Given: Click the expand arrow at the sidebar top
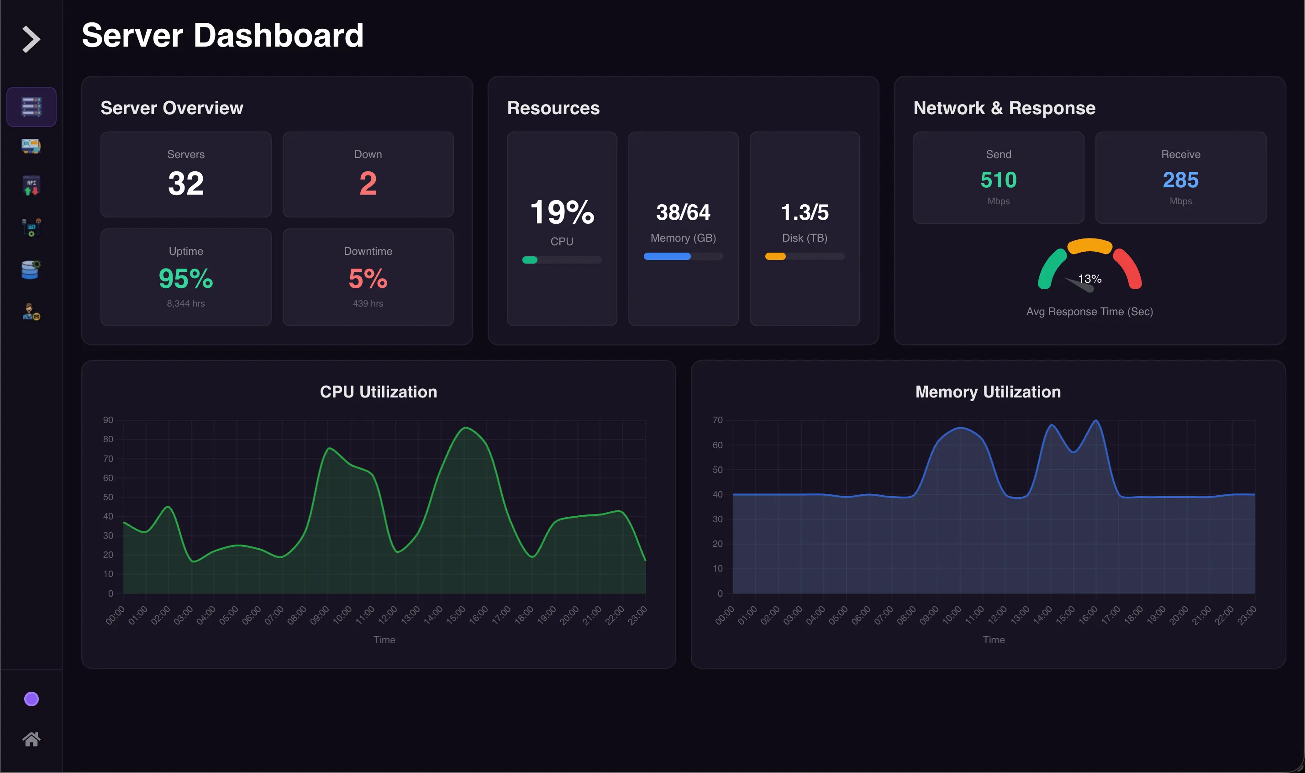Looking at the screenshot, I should tap(31, 40).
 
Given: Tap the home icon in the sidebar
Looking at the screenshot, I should tap(31, 739).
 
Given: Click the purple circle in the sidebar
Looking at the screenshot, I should tap(31, 699).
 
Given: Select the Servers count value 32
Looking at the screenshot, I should tap(186, 183).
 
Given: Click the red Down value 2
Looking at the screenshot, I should tap(368, 183).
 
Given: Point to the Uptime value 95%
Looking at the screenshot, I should tap(186, 279).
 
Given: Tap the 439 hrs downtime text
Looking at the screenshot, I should tap(368, 303).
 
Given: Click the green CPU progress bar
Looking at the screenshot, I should tap(530, 260).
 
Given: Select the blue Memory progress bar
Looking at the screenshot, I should tap(667, 256).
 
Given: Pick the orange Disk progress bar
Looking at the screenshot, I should tap(775, 256).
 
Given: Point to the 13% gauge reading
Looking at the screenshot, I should tap(1089, 279).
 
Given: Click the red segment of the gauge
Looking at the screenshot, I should tap(1129, 267).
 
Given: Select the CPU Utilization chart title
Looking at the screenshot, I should tap(379, 392).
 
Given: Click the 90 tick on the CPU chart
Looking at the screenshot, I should tap(108, 420).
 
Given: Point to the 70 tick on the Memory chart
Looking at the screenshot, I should tap(717, 420).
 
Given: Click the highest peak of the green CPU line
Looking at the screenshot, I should tap(466, 428).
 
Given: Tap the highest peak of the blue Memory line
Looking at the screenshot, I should tap(1096, 420).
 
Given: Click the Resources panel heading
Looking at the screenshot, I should tap(553, 108).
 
